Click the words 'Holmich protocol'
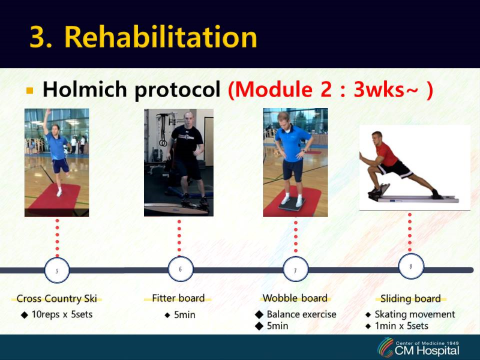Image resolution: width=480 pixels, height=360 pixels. pyautogui.click(x=131, y=90)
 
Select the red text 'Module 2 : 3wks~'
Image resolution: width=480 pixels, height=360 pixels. pyautogui.click(x=330, y=90)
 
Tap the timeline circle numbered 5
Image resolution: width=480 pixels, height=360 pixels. pyautogui.click(x=57, y=271)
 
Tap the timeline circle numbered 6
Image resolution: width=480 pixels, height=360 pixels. pyautogui.click(x=180, y=269)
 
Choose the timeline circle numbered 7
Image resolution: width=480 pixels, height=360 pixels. pyautogui.click(x=295, y=270)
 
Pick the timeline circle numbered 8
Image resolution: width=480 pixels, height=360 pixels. pyautogui.click(x=411, y=266)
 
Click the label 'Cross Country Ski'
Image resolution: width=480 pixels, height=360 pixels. pyautogui.click(x=57, y=299)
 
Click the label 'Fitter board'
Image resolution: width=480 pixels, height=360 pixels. pyautogui.click(x=178, y=298)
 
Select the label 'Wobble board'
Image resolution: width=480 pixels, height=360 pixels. pyautogui.click(x=295, y=298)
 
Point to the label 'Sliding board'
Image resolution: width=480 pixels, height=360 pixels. pyautogui.click(x=410, y=299)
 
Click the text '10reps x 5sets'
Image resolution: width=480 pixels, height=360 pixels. pyautogui.click(x=62, y=314)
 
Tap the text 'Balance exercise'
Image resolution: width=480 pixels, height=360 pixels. pyautogui.click(x=301, y=314)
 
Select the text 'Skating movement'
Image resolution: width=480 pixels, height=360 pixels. pyautogui.click(x=415, y=314)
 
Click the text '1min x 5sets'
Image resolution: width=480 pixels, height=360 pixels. pyautogui.click(x=401, y=326)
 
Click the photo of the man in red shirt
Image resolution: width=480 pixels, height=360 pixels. pyautogui.click(x=414, y=168)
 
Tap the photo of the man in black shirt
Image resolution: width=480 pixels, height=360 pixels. pyautogui.click(x=179, y=163)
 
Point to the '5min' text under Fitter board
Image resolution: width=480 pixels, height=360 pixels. pyautogui.click(x=184, y=314)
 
